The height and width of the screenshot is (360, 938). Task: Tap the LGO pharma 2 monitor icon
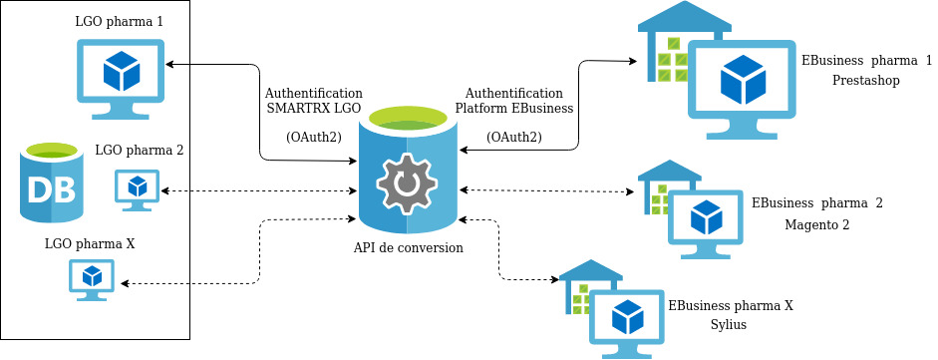pos(137,187)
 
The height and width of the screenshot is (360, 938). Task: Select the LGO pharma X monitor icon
pos(92,278)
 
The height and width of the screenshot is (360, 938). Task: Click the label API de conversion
pos(408,248)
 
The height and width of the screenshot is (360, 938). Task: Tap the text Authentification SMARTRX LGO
pos(314,100)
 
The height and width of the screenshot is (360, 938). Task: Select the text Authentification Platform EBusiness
pos(514,100)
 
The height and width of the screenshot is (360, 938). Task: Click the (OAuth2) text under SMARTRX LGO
pos(314,137)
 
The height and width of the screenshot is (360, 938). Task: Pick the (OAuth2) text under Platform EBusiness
pos(514,137)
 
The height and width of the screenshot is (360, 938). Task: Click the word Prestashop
pos(866,80)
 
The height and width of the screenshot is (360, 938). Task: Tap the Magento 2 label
pos(816,224)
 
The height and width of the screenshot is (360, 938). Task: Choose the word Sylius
pos(729,324)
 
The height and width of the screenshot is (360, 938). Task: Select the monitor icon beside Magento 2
pos(706,219)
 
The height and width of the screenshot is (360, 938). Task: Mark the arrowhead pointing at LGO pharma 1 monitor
pos(170,65)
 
